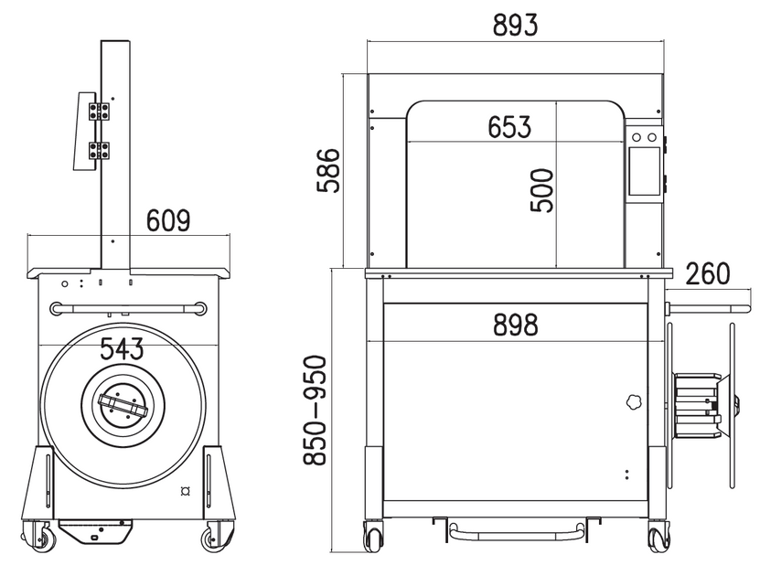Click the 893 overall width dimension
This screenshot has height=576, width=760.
point(515,25)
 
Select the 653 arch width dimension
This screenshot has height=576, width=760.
point(508,127)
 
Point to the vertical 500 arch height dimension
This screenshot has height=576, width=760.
point(542,190)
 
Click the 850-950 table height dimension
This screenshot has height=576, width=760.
point(316,411)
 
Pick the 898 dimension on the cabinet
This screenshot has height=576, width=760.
point(515,324)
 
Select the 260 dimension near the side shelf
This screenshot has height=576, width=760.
point(707,273)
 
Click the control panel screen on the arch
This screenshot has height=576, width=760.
point(644,171)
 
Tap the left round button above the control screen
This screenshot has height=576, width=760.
point(637,137)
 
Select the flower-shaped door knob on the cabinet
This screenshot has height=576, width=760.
point(632,401)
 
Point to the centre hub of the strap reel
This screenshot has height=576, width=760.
point(121,402)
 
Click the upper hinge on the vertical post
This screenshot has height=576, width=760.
point(100,111)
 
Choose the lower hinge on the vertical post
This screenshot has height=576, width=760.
point(100,151)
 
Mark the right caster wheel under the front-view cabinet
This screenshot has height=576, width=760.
point(658,539)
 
